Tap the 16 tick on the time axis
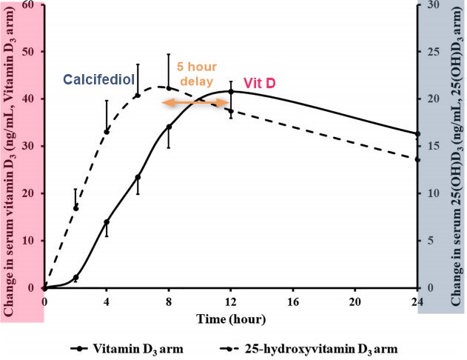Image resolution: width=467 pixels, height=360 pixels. pos(293,301)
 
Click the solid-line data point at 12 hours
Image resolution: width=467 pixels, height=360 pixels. pos(231,92)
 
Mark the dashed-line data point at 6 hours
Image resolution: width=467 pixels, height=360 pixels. pos(138,96)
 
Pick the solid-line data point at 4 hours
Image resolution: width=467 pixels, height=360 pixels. pos(107,222)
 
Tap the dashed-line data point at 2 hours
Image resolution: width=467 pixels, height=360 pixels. pos(75,208)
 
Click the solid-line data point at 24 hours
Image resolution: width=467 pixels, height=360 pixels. pos(417,134)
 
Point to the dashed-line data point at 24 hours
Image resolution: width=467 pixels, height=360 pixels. pos(417,159)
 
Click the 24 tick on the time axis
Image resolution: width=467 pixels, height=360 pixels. pos(417,301)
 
